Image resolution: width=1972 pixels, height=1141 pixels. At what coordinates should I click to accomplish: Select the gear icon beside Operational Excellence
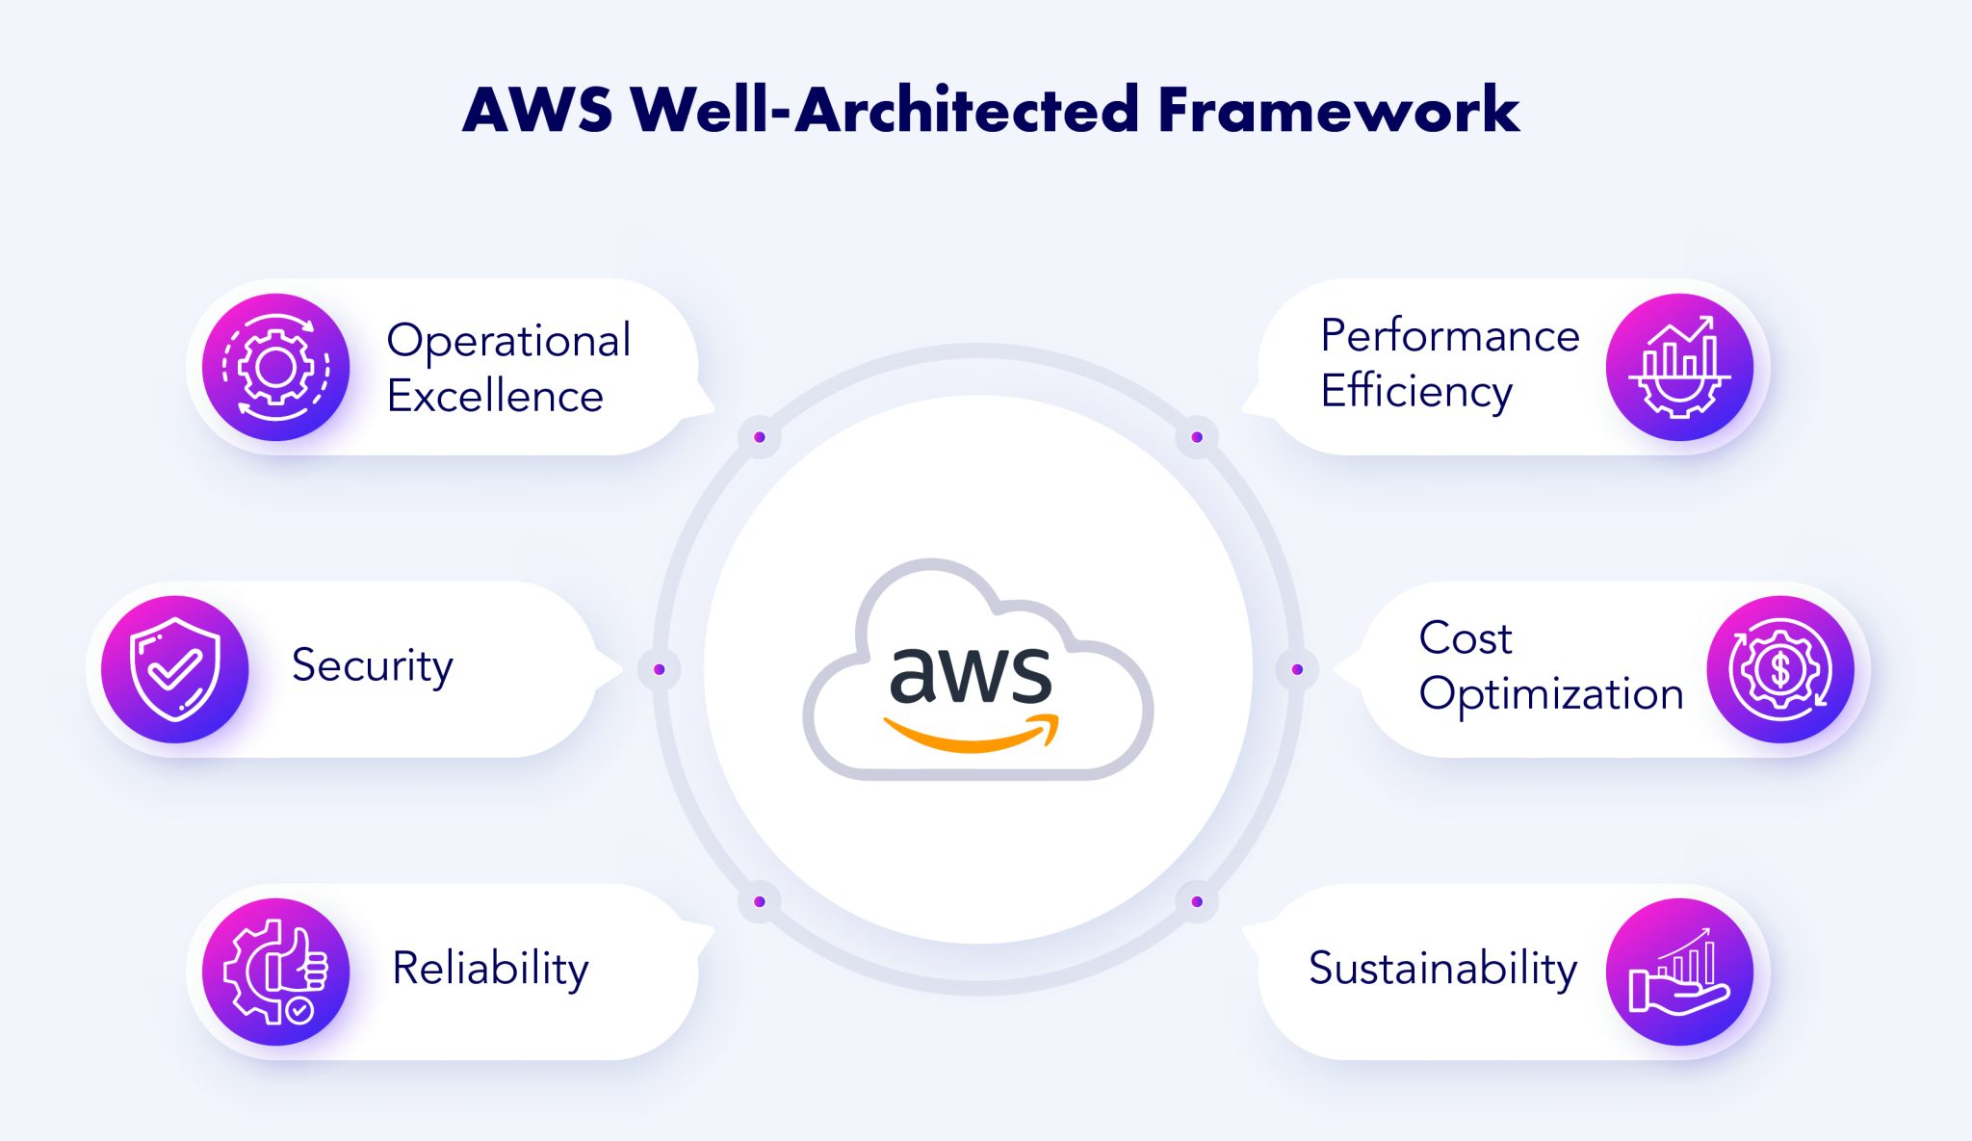[276, 367]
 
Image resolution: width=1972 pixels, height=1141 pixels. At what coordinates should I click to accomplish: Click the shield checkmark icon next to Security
[175, 669]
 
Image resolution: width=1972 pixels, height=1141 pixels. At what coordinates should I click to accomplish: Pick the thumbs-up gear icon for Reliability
[276, 972]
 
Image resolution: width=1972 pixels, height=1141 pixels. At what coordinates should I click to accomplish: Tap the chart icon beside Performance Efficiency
[1679, 367]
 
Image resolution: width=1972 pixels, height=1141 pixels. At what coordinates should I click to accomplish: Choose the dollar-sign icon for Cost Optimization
[1780, 669]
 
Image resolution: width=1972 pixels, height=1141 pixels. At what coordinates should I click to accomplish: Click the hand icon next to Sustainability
[1679, 972]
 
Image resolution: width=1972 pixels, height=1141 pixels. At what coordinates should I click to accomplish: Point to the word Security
[372, 665]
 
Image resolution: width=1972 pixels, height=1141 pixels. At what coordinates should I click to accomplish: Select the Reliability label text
[490, 968]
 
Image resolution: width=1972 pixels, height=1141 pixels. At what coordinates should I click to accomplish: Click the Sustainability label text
[1442, 968]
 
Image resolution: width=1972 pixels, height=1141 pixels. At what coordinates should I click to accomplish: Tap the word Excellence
[495, 396]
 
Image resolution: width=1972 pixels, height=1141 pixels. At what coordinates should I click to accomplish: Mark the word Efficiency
[1416, 391]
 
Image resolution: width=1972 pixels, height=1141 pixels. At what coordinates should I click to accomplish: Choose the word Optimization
[1551, 694]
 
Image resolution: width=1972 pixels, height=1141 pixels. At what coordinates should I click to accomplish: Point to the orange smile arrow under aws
[971, 736]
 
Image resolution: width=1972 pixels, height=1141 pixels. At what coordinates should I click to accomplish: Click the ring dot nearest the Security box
[660, 669]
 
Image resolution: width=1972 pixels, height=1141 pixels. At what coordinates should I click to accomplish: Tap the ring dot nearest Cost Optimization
[1297, 669]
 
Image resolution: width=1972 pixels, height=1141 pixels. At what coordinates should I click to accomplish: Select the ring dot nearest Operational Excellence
[760, 437]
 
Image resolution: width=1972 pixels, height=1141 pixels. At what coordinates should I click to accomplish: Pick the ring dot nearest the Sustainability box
[1197, 901]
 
